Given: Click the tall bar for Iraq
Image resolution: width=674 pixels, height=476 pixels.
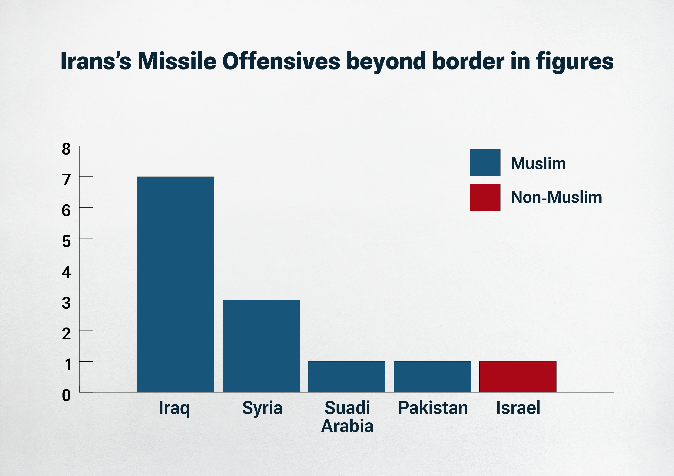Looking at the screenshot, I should [176, 284].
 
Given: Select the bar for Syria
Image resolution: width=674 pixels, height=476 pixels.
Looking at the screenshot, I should [261, 346].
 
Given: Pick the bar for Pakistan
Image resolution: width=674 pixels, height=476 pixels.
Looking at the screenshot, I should [432, 377].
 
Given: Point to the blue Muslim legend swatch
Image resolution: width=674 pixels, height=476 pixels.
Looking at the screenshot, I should [485, 163].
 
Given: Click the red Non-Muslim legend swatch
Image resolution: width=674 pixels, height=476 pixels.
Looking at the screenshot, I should [485, 197].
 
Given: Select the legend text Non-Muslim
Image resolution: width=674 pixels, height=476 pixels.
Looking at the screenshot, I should [556, 197].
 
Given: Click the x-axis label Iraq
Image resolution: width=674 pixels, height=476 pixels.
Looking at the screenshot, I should [174, 408].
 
